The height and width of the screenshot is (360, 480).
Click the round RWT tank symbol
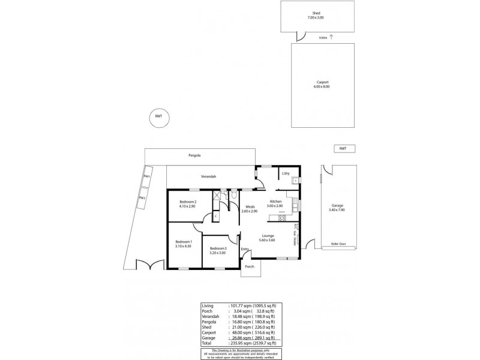coord(158,116)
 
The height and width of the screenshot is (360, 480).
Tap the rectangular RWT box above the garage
coord(343,148)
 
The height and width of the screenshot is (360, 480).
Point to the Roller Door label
coord(339,245)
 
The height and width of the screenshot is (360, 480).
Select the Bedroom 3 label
coord(218,248)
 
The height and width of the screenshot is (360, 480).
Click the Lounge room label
coord(268,236)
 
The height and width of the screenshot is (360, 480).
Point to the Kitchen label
coord(275,202)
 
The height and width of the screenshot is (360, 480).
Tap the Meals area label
coord(250,206)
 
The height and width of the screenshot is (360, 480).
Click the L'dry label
coord(286,174)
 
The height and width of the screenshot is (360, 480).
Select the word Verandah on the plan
coord(208,176)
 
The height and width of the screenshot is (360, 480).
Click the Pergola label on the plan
coord(193,155)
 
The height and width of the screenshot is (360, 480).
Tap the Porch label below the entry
coord(250,266)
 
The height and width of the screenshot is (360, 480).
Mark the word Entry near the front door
coord(245,248)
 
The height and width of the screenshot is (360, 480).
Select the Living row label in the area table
coord(208,306)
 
